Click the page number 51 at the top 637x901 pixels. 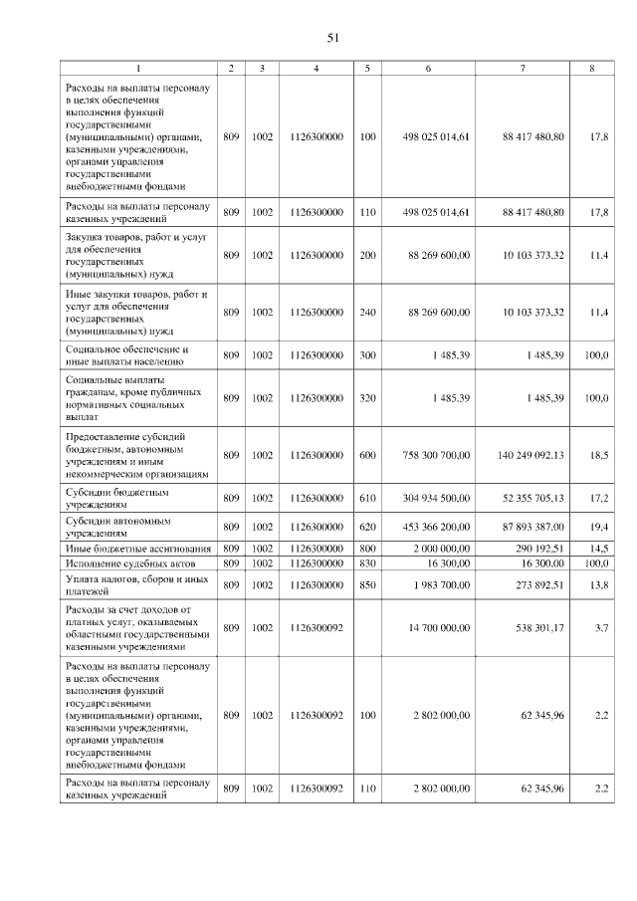[333, 38]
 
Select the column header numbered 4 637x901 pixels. [316, 68]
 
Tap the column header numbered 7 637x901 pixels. [523, 68]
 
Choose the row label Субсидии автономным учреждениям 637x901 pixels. [118, 527]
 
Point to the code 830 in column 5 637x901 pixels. [368, 563]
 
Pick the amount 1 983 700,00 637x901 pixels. [440, 583]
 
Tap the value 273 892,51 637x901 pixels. [533, 583]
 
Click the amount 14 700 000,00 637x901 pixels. [438, 628]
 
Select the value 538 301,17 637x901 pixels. [533, 628]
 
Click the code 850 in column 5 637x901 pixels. [368, 583]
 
